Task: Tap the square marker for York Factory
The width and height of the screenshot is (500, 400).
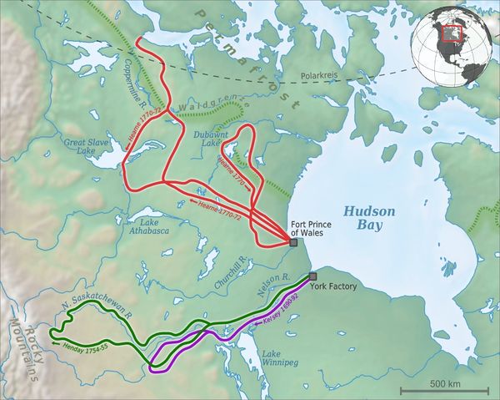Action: (313, 276)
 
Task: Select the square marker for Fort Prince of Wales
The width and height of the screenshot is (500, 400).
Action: (292, 242)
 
